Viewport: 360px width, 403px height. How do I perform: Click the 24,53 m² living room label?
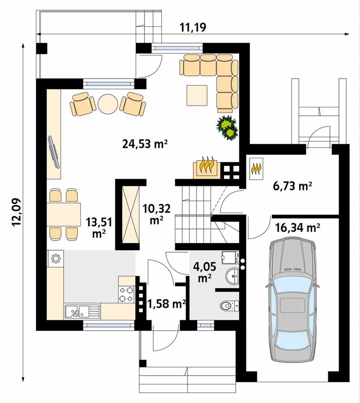145,144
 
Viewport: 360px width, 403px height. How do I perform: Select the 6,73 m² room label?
293,185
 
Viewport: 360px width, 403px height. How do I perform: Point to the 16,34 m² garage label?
298,228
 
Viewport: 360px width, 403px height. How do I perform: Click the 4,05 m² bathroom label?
205,272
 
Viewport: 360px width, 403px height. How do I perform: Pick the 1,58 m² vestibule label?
167,304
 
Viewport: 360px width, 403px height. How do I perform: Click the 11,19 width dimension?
193,28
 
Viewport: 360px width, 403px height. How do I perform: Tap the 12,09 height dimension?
16,212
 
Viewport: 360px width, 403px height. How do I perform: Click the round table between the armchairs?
108,104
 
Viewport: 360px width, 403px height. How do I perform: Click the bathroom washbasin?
232,277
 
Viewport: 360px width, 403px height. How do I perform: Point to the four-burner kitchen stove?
127,294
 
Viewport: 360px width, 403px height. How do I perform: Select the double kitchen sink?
82,311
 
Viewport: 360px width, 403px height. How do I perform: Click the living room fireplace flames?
207,166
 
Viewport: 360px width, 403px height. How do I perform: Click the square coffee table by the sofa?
197,96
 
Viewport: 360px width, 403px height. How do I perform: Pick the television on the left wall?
54,152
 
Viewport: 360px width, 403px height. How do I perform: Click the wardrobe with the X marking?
131,215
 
